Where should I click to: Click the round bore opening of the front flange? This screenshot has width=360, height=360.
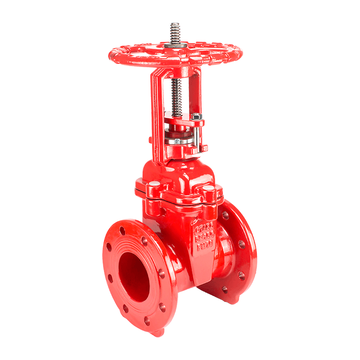(x=135, y=275)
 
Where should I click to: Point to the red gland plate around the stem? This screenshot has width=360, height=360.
(x=182, y=121)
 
